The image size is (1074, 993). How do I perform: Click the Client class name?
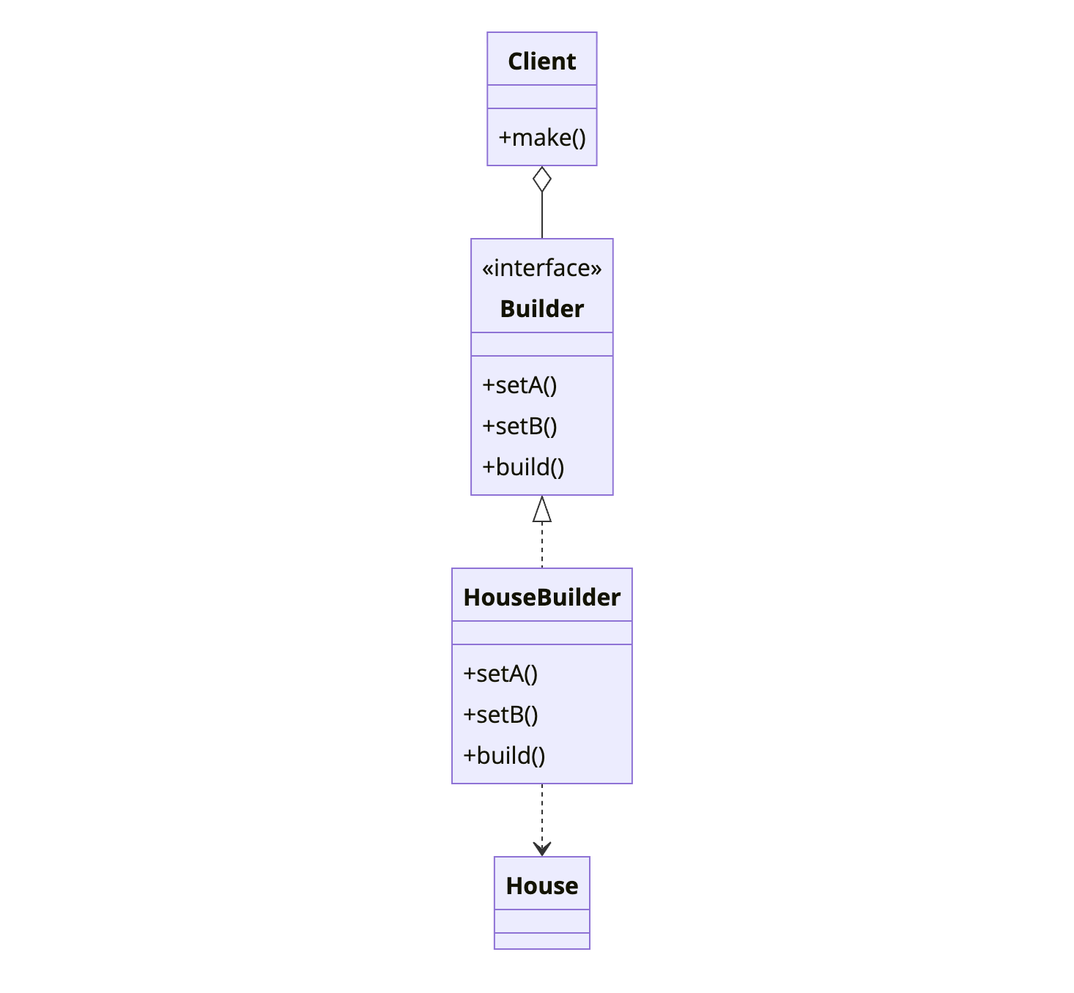(x=541, y=62)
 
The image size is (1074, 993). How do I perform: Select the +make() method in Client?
(x=541, y=138)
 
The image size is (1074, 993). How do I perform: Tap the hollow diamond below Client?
(x=542, y=179)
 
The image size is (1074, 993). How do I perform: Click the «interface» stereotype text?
(x=541, y=268)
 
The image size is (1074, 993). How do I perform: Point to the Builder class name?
(x=541, y=309)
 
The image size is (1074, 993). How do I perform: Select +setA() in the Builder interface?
(x=519, y=385)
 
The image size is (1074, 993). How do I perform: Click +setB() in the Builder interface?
(x=519, y=426)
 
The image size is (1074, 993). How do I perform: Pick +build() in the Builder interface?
(x=523, y=467)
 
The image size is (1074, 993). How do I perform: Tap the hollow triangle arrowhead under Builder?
(x=542, y=510)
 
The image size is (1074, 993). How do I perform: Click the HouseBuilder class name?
(x=541, y=598)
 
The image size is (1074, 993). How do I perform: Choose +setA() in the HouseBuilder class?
(x=500, y=674)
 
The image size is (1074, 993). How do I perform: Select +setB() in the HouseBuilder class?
(x=500, y=715)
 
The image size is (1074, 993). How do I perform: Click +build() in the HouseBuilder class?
(x=504, y=756)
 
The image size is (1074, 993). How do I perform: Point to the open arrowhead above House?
(x=542, y=849)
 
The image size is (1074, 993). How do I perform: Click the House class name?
(x=541, y=886)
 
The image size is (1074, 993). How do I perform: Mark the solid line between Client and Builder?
(x=542, y=215)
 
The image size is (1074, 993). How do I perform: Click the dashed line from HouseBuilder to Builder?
(x=542, y=546)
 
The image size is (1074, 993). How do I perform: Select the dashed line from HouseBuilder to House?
(x=542, y=813)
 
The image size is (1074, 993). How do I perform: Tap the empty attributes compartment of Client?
(x=541, y=97)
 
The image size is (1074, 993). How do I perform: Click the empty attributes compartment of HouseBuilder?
(x=541, y=633)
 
